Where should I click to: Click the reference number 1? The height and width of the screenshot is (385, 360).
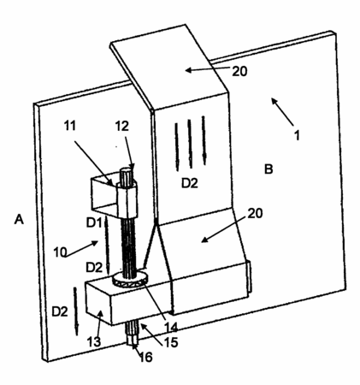click(x=297, y=135)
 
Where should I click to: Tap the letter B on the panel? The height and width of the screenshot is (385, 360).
click(x=269, y=169)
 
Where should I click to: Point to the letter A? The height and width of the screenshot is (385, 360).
click(x=19, y=220)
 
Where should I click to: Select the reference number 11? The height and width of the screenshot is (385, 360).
click(x=70, y=126)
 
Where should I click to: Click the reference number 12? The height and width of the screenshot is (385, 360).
click(x=121, y=126)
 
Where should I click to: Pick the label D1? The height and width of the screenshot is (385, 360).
click(x=94, y=222)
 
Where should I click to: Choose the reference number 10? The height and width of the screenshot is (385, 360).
click(x=60, y=252)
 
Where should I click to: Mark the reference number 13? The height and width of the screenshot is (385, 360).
click(x=94, y=341)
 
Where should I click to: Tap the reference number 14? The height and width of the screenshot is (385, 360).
click(x=171, y=328)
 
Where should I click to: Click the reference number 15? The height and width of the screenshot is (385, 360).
click(x=171, y=342)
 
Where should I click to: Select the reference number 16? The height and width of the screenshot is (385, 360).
click(x=145, y=357)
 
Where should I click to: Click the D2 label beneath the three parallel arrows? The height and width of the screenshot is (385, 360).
click(x=190, y=183)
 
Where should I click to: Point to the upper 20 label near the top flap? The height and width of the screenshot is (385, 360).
click(x=239, y=71)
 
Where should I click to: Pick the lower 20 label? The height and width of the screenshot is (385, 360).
click(x=255, y=213)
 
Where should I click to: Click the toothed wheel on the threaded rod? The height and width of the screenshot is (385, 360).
click(x=130, y=280)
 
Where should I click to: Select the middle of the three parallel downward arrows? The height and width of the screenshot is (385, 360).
click(x=190, y=144)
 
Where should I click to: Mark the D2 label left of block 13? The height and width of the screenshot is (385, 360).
click(x=60, y=311)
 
